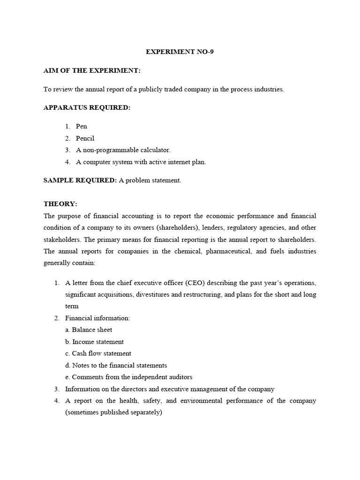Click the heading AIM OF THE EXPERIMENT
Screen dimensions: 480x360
(92, 70)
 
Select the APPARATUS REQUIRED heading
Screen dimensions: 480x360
(87, 107)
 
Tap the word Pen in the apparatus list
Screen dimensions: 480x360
(82, 126)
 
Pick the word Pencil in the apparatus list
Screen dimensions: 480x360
(85, 138)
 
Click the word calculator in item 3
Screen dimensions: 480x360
(154, 150)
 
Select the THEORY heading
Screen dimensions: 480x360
(60, 204)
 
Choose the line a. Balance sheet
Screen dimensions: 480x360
(89, 330)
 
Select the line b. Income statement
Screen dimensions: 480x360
(94, 342)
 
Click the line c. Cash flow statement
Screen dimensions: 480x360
(98, 353)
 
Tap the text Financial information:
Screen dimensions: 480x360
(97, 318)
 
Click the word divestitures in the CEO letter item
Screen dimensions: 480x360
(145, 294)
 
